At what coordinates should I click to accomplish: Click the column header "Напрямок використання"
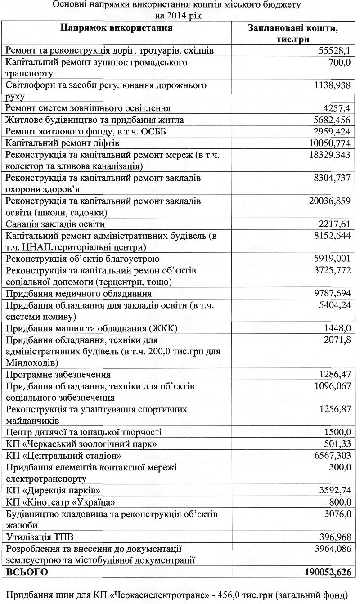point(117,28)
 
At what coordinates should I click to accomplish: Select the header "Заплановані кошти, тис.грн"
point(293,34)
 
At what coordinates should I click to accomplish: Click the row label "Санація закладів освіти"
point(55,224)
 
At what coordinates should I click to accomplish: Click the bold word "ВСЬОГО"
point(27,572)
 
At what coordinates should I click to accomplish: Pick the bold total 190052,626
point(324,572)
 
